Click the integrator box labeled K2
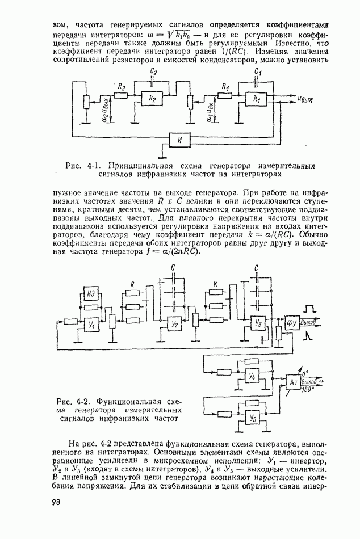tap(153, 98)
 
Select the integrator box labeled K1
tap(256, 98)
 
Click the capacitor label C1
tap(258, 72)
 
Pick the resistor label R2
tap(120, 86)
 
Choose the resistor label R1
tap(225, 87)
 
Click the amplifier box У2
tap(175, 323)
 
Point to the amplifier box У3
tap(258, 323)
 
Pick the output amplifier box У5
tap(253, 417)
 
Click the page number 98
tap(56, 502)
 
